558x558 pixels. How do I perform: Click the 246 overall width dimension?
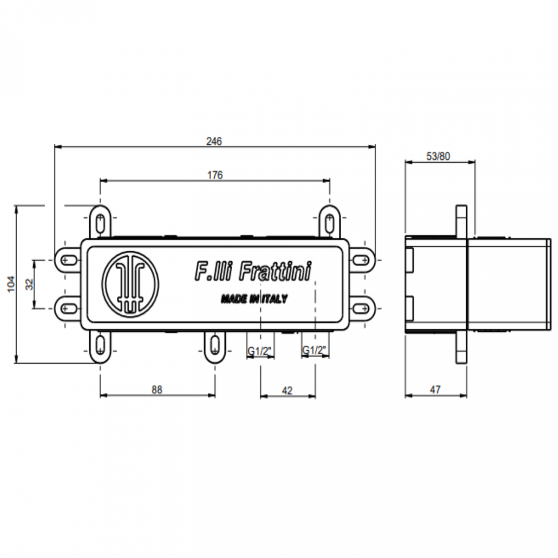214,141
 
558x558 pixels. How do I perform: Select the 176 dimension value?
215,175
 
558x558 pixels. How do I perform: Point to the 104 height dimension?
11,284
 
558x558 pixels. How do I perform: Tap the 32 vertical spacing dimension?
29,284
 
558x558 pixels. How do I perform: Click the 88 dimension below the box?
157,389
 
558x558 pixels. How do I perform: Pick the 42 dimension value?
287,390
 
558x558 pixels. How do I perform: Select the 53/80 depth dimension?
438,156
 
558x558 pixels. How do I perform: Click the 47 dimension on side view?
435,390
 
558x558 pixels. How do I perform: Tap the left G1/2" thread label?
260,351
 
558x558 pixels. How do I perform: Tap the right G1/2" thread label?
315,351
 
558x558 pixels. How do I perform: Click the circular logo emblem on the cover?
130,285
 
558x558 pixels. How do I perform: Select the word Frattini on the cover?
275,272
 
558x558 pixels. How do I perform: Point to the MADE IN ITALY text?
254,299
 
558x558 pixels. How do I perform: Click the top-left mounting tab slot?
100,222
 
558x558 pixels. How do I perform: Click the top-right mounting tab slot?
330,222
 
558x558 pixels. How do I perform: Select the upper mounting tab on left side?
67,260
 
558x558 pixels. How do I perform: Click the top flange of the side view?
461,221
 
